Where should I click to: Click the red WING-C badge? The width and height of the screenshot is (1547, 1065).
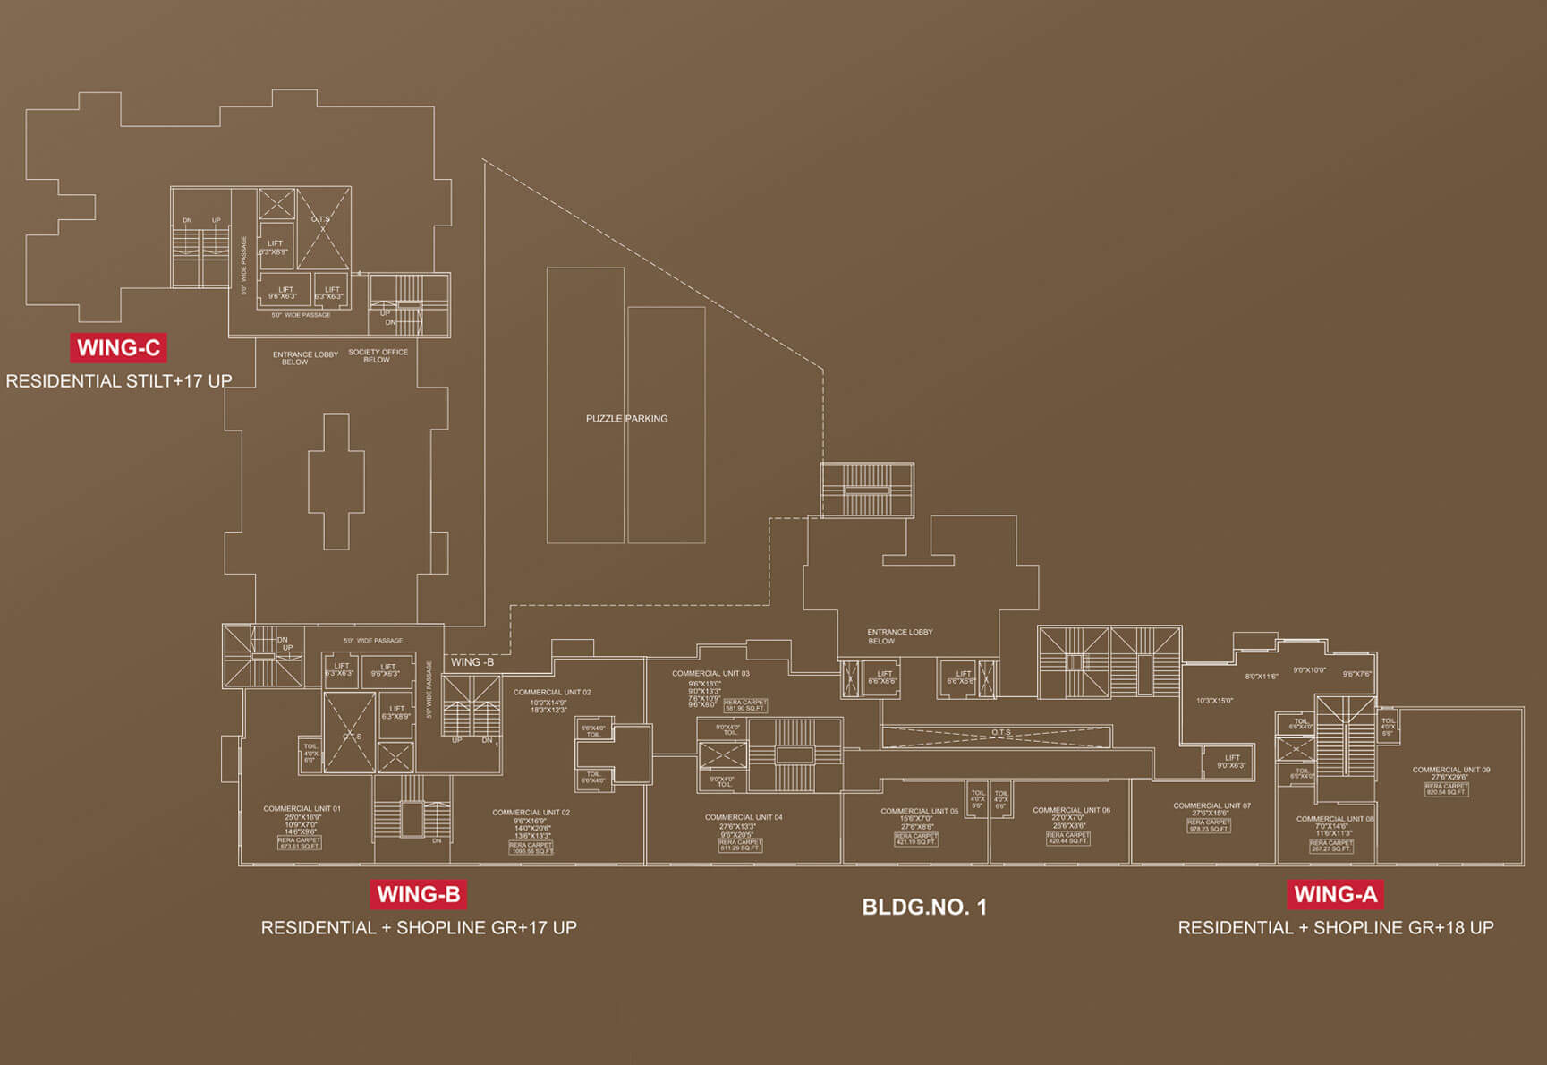pyautogui.click(x=118, y=348)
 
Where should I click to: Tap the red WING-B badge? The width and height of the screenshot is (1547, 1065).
pyautogui.click(x=419, y=894)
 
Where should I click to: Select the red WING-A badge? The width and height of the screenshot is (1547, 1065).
pyautogui.click(x=1335, y=894)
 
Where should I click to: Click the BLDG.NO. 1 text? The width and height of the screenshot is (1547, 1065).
pyautogui.click(x=924, y=907)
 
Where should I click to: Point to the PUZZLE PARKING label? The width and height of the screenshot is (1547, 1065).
pyautogui.click(x=626, y=419)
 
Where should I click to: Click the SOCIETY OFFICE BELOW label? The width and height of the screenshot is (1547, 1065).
pyautogui.click(x=378, y=356)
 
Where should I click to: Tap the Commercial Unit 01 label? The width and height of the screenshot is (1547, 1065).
pyautogui.click(x=302, y=808)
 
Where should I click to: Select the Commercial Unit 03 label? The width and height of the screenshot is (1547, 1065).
pyautogui.click(x=710, y=673)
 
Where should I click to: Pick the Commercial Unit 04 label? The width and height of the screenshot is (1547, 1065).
pyautogui.click(x=744, y=817)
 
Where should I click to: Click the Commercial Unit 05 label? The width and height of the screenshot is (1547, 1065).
pyautogui.click(x=919, y=811)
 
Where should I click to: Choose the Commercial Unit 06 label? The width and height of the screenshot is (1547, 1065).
pyautogui.click(x=1071, y=810)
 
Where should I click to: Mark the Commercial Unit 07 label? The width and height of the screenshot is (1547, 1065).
pyautogui.click(x=1211, y=805)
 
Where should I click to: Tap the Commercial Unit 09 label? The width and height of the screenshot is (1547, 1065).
pyautogui.click(x=1450, y=770)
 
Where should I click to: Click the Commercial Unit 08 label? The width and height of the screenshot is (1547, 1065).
pyautogui.click(x=1334, y=819)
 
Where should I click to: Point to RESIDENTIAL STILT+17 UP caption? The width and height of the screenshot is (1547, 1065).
pyautogui.click(x=119, y=381)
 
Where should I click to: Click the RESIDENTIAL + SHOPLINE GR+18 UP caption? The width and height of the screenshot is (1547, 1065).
pyautogui.click(x=1335, y=928)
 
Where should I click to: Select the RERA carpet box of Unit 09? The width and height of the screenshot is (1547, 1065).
pyautogui.click(x=1446, y=789)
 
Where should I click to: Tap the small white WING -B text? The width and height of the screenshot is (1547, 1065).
pyautogui.click(x=472, y=662)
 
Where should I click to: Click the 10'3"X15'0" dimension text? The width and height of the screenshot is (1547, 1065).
pyautogui.click(x=1214, y=701)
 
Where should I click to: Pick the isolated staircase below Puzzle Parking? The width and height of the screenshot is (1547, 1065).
pyautogui.click(x=867, y=490)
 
